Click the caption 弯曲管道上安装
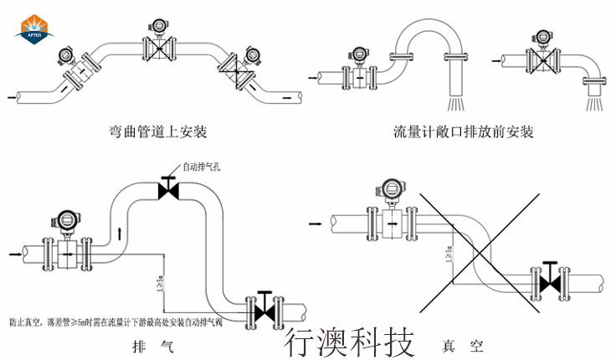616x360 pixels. (x=158, y=132)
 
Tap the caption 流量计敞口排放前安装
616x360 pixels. (x=463, y=132)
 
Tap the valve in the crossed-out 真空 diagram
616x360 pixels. (x=550, y=280)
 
